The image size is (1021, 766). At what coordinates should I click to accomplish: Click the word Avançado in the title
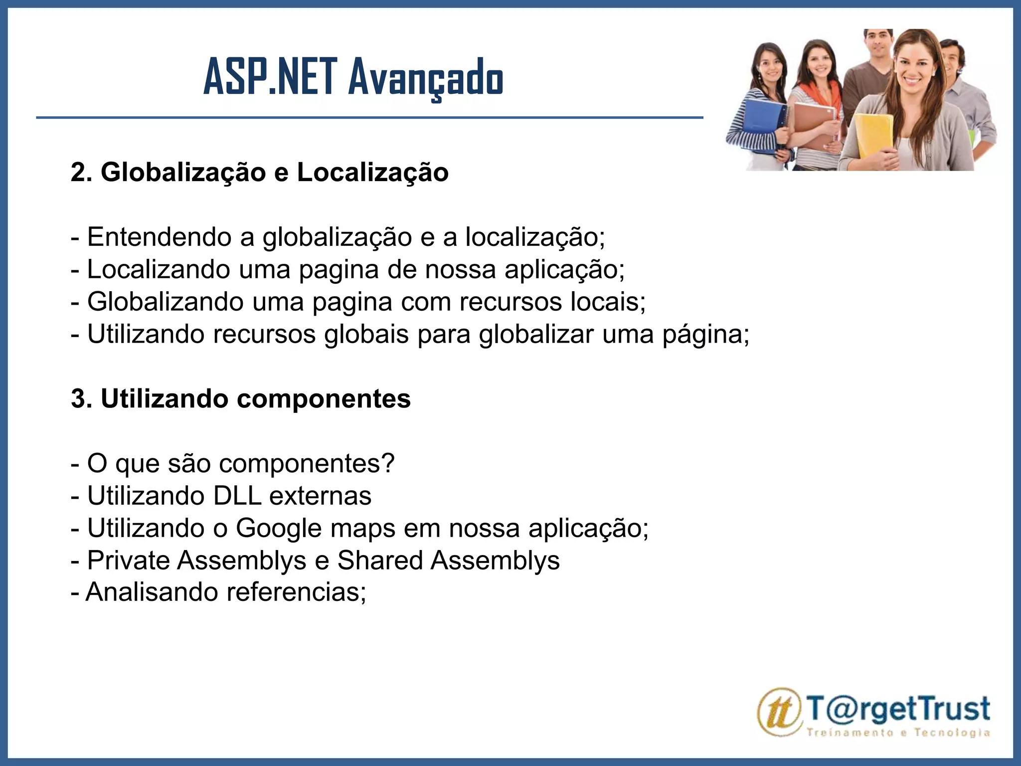coord(426,78)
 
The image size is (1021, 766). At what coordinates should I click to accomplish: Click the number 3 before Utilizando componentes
coord(78,399)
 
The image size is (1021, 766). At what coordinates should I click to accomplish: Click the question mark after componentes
coord(388,463)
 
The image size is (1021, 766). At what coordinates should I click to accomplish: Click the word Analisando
coord(152,592)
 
